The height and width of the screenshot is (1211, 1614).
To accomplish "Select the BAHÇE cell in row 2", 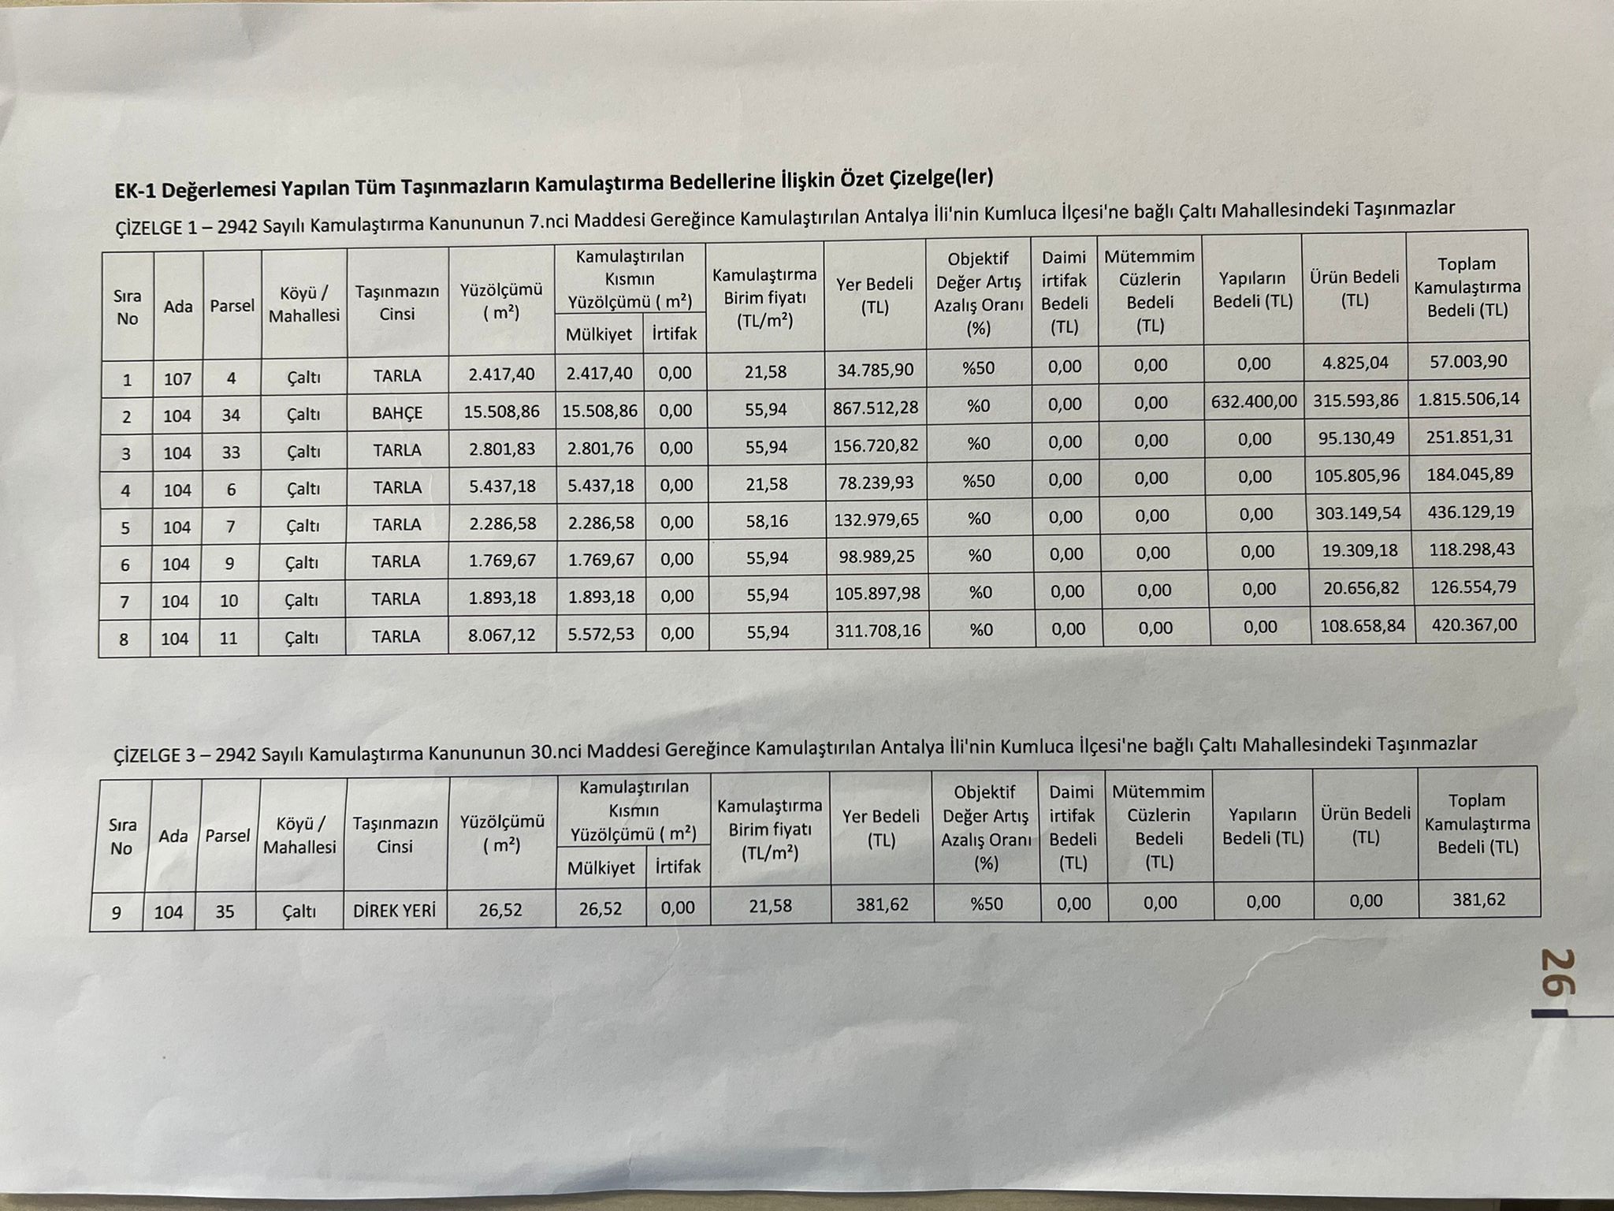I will (397, 413).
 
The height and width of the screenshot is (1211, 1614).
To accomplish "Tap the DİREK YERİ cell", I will (394, 911).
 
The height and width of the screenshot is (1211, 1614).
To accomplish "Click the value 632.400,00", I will (1254, 401).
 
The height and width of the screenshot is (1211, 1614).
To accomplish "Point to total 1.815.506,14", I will (1469, 399).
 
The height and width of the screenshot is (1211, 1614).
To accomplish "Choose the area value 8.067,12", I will (502, 635).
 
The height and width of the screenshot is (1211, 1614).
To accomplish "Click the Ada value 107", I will (177, 379).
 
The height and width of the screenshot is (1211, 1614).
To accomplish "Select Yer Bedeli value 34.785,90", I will (876, 369).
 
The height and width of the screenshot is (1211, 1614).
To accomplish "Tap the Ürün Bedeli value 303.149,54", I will (1358, 513).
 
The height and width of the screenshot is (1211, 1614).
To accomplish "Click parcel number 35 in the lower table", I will (225, 911).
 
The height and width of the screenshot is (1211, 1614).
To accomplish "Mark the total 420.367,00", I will (1471, 625).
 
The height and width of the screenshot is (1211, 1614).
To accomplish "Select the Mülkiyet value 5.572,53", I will (601, 634).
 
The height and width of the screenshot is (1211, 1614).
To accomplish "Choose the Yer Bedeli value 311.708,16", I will (877, 631).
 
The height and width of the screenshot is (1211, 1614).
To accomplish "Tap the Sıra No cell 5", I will (125, 527).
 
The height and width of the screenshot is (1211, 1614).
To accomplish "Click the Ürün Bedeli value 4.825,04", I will (1355, 363).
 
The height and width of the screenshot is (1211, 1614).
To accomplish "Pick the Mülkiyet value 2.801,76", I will (601, 449).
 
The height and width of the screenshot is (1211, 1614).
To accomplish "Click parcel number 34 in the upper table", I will (231, 415).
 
